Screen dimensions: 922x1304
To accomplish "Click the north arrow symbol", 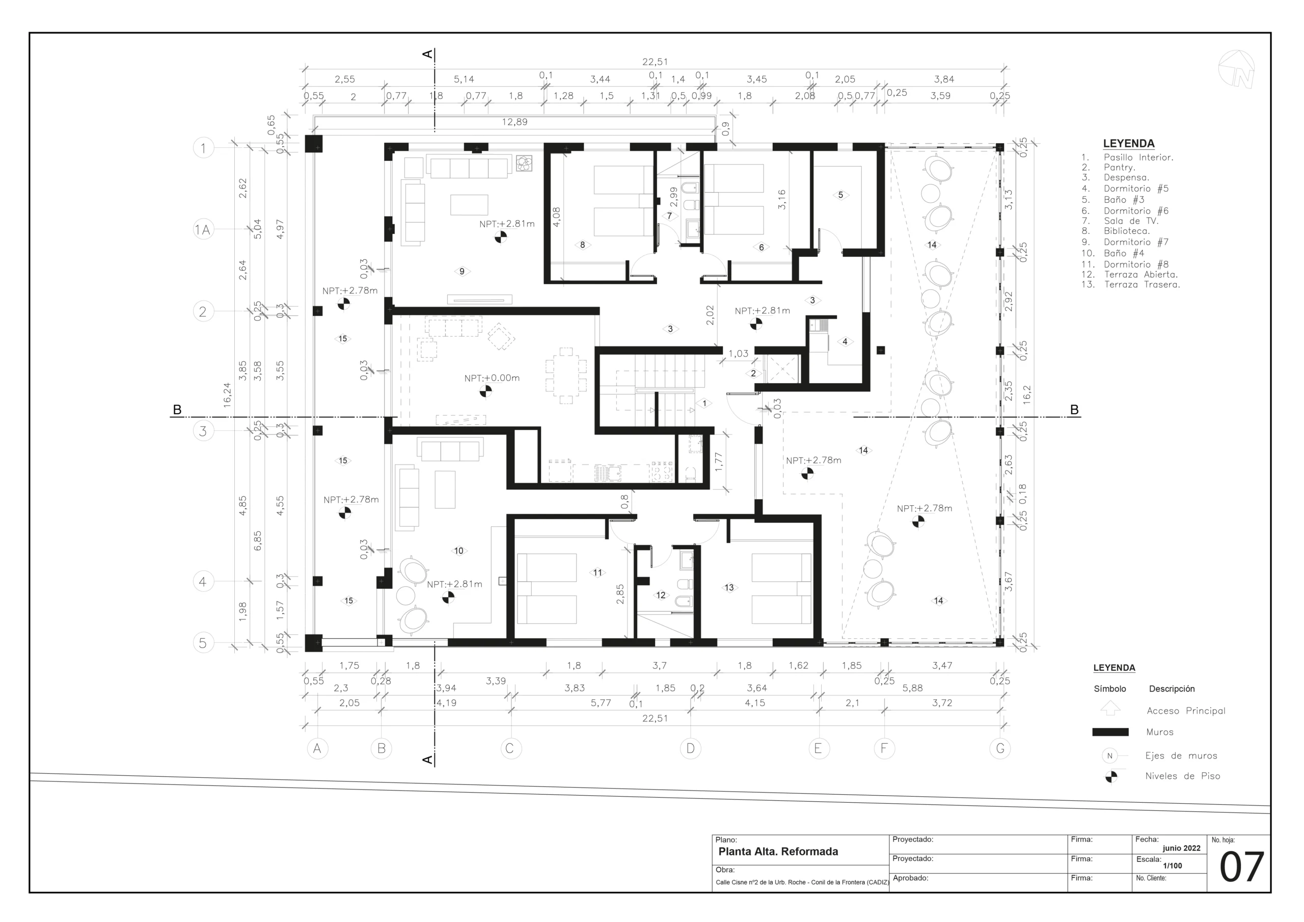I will [x=1236, y=69].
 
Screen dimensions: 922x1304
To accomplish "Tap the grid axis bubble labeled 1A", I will [x=203, y=230].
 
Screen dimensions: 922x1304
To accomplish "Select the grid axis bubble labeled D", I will [x=690, y=749].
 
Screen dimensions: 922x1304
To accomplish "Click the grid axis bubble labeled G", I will [x=999, y=749].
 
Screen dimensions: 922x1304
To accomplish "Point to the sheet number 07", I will [x=1241, y=867].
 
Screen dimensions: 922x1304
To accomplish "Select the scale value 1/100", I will [x=1172, y=866].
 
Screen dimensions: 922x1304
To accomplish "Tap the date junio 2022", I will [x=1181, y=848].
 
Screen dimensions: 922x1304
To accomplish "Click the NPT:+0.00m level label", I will [x=492, y=378].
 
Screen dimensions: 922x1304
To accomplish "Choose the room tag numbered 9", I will [x=461, y=272].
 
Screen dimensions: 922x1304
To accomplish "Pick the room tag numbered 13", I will [x=729, y=588].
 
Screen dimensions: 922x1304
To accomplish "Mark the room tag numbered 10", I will [x=459, y=551].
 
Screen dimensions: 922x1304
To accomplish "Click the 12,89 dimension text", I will [x=514, y=122].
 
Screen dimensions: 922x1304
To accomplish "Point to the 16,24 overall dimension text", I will [x=227, y=394].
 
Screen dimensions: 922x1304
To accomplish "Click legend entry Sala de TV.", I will [x=1131, y=221].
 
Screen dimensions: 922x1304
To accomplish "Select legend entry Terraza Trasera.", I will [x=1142, y=285].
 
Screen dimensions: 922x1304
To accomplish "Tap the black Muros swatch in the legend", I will [x=1110, y=733].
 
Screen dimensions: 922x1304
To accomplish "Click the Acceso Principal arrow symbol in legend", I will [x=1110, y=709].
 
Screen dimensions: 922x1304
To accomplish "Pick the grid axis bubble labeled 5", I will [x=203, y=643].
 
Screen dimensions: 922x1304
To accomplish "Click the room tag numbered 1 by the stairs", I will [x=704, y=403].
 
